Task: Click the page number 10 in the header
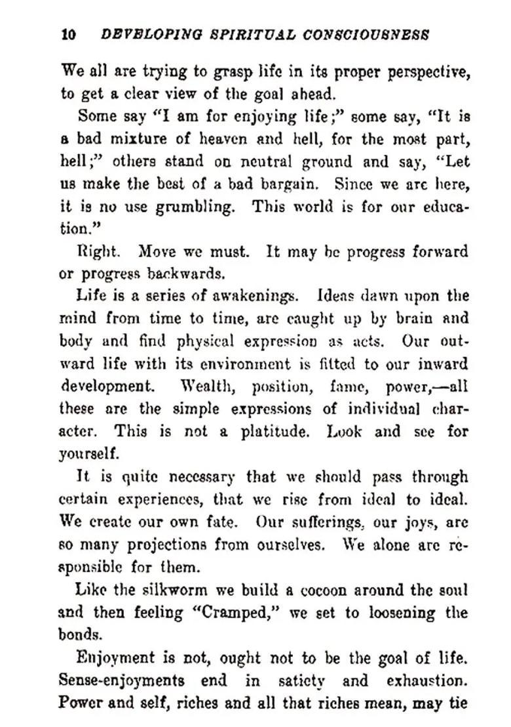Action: coord(69,35)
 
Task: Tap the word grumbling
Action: coord(195,207)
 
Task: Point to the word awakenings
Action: coord(259,297)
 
